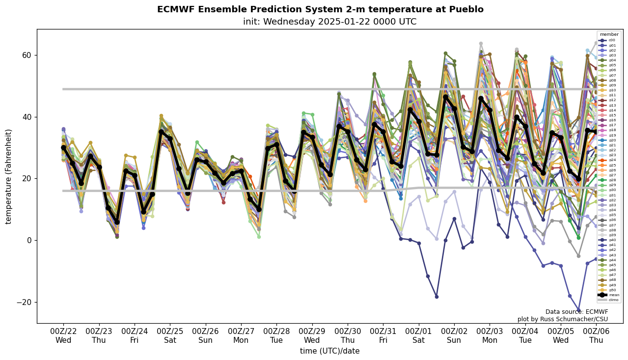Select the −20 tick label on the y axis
click(x=24, y=302)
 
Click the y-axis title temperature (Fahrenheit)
click(x=8, y=176)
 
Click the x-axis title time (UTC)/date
click(x=329, y=351)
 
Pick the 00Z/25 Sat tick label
click(x=170, y=335)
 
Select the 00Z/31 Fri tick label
click(x=383, y=335)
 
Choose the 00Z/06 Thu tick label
click(x=596, y=335)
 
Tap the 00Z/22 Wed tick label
click(x=63, y=335)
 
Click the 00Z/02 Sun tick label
click(x=455, y=335)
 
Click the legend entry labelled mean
click(x=612, y=295)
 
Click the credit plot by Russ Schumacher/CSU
click(x=563, y=319)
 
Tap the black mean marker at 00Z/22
click(x=63, y=147)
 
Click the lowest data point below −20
click(x=578, y=310)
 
